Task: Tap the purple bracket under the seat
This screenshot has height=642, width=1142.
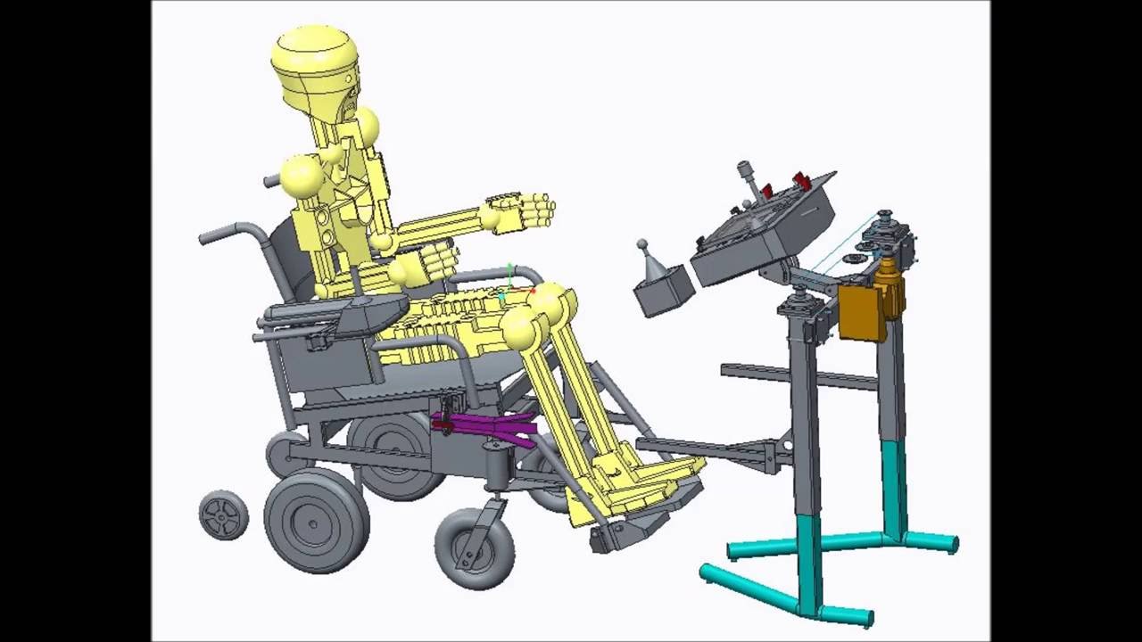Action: tap(486, 428)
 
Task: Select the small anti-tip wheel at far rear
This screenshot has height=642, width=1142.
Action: tap(223, 514)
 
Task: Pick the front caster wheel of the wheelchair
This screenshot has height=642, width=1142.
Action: tap(475, 548)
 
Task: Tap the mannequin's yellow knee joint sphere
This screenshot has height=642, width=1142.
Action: tap(526, 326)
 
